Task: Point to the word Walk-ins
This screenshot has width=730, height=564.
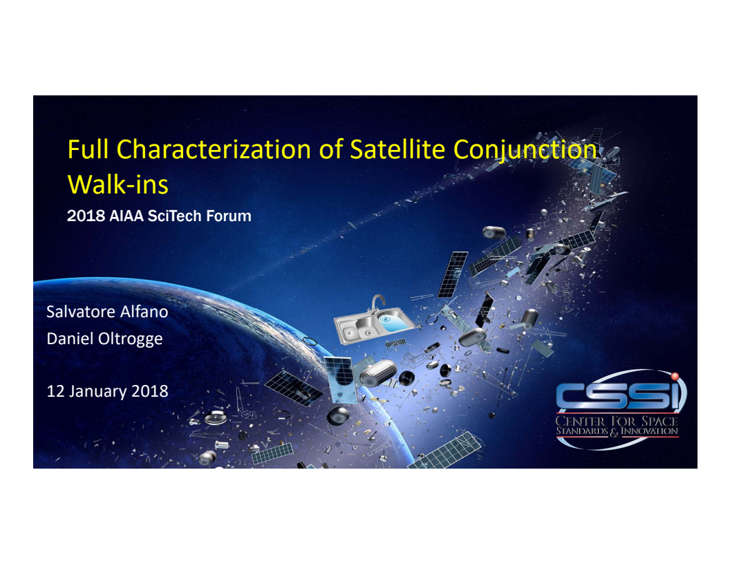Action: point(118,185)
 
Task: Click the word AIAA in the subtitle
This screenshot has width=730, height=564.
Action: point(128,216)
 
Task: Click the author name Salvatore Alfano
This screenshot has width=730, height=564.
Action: point(107,312)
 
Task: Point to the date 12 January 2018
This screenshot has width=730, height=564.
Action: point(107,391)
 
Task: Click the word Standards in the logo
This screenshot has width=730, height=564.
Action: point(581,432)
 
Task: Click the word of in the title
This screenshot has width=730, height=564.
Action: point(330,150)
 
